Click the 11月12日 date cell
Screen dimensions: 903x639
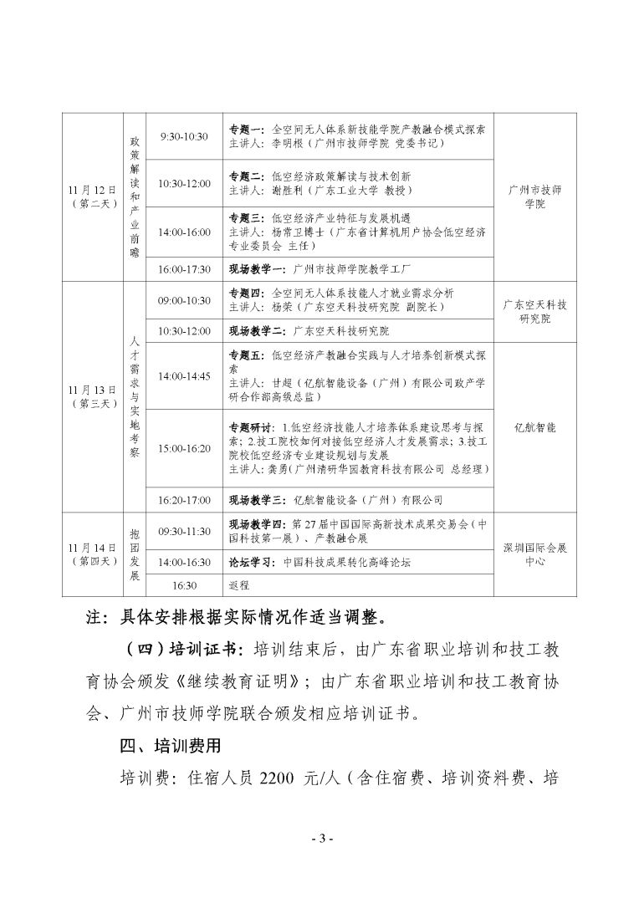pos(92,196)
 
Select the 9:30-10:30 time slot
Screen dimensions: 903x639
pos(184,136)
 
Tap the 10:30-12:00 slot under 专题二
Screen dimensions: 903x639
pos(184,183)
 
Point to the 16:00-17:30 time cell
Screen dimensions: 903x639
pos(184,269)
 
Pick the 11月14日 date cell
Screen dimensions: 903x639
pos(92,554)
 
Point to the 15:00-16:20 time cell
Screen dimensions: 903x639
pos(184,449)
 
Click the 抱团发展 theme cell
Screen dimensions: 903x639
pos(135,554)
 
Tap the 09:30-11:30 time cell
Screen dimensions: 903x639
pos(184,531)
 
